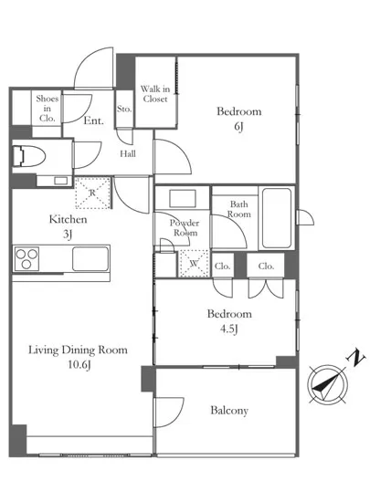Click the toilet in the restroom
point(29,156)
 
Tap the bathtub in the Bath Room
point(277,218)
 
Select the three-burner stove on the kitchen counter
point(26,258)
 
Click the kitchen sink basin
point(90,258)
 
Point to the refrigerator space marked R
point(92,193)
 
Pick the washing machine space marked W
point(194,264)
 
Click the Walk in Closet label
point(155,93)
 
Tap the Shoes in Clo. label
point(48,109)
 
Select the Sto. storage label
point(124,109)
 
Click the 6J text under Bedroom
point(238,127)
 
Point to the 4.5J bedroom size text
point(228,329)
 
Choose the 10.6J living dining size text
point(79,365)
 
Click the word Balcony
point(229,411)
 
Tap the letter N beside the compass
point(355,358)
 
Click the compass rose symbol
point(327,384)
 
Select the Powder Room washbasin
point(183,198)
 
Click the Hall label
point(128,154)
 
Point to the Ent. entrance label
point(93,120)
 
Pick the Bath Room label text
point(239,209)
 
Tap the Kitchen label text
point(68,219)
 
